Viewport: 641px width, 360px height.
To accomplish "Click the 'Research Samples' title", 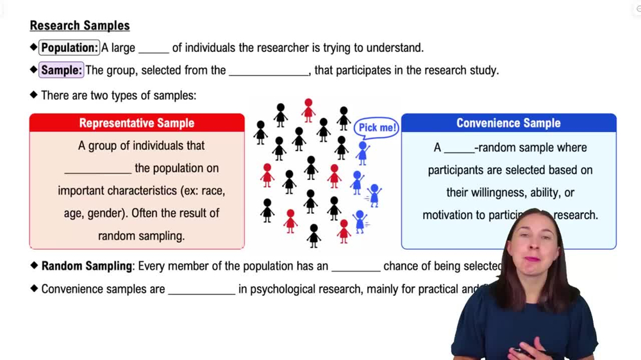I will [x=79, y=26].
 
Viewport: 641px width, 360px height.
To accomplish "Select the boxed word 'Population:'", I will [x=69, y=48].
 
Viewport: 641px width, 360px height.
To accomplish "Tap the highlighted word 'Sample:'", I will [x=62, y=70].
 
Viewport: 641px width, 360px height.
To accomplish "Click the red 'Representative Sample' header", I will [x=137, y=123].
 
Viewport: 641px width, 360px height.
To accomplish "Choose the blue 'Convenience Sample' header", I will [x=508, y=123].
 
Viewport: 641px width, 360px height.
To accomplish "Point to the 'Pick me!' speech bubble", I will [x=377, y=127].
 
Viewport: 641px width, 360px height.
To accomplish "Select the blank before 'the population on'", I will [x=97, y=170].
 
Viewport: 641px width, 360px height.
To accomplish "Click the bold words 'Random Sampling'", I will [x=87, y=266].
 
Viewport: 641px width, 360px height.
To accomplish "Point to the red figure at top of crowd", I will [x=309, y=110].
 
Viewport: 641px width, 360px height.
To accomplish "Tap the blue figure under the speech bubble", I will [x=363, y=153].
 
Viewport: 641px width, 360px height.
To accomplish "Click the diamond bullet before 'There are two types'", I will [x=34, y=95].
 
